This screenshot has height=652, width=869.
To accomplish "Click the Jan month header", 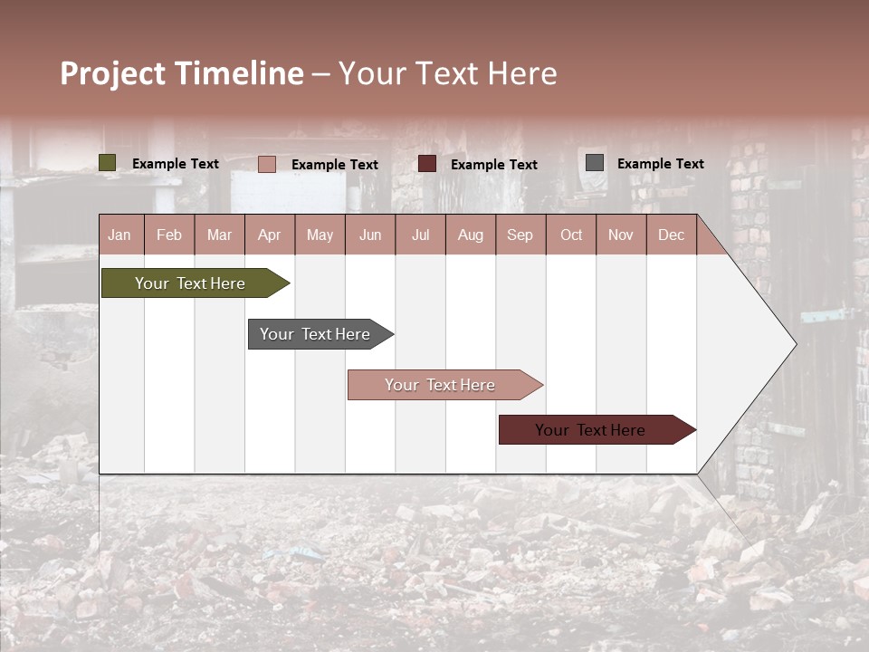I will click(120, 235).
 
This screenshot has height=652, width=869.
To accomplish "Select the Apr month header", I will click(270, 235).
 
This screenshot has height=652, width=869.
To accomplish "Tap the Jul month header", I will click(420, 235).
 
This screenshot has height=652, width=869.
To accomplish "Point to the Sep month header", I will click(520, 235).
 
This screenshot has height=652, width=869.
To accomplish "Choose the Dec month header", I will click(671, 235).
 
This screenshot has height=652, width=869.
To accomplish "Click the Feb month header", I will click(169, 235).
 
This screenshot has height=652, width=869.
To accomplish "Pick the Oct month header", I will click(571, 235).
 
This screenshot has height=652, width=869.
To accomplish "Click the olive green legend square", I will click(108, 163).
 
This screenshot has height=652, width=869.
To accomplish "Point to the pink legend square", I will click(267, 164).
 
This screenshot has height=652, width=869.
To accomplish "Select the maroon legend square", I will click(427, 164).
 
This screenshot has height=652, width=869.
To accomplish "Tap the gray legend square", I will click(595, 163).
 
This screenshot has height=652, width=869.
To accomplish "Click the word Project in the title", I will click(113, 73).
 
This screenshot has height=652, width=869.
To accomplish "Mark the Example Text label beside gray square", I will click(660, 164).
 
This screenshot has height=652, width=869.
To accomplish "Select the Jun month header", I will click(370, 235).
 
